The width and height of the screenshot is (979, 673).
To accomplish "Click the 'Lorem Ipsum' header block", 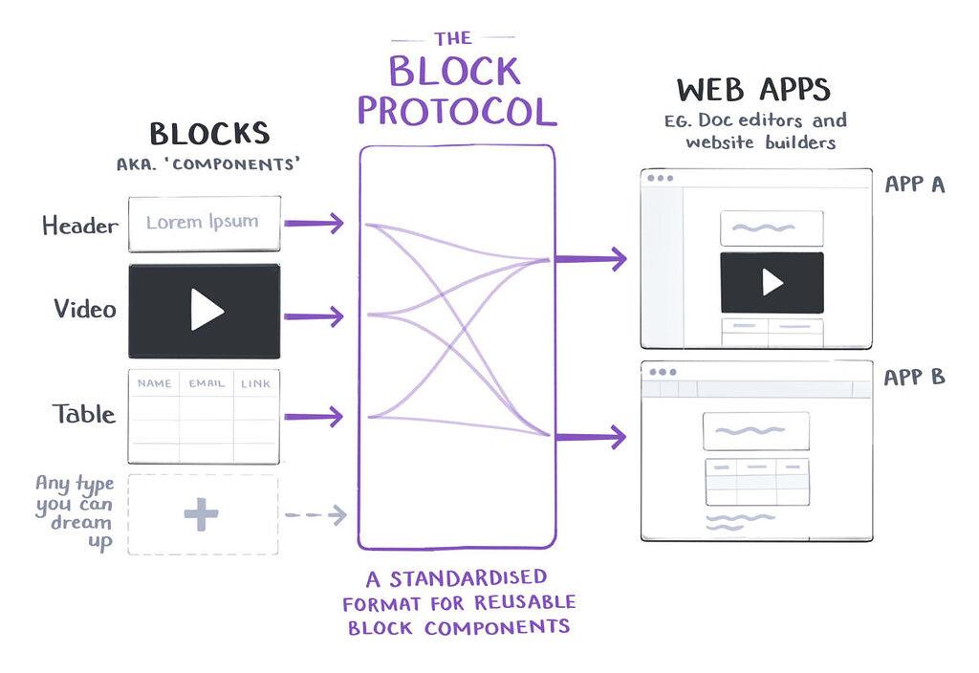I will coord(204,223).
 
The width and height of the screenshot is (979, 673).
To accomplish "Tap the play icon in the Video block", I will coord(206,311).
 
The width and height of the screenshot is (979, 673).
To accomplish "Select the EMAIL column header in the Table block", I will coord(207,383).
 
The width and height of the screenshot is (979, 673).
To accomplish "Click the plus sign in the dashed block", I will coord(202,514).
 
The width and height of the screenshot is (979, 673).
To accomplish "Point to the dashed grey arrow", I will coord(315,515).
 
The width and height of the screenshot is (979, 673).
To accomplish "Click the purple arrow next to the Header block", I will coord(314,224).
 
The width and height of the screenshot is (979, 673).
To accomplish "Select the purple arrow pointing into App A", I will coord(590,258).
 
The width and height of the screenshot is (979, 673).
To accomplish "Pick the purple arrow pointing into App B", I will coord(590,437).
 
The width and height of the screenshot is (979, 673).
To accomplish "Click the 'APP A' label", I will coord(914,185).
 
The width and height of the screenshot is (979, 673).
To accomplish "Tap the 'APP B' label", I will coord(914,377).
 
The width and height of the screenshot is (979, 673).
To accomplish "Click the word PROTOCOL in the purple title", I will coord(456,110).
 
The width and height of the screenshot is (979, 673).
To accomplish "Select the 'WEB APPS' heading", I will coord(753,91).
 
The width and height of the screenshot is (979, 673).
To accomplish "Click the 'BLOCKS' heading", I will coord(209,134).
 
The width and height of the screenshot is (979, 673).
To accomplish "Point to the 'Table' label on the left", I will coord(84,414).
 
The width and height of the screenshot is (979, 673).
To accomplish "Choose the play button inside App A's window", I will coord(772,282).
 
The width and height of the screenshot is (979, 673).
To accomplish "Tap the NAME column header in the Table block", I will coord(155,383).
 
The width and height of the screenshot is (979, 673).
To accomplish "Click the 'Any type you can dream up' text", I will coord(75,513).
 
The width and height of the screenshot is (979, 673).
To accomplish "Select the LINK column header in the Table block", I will coord(255,383).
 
